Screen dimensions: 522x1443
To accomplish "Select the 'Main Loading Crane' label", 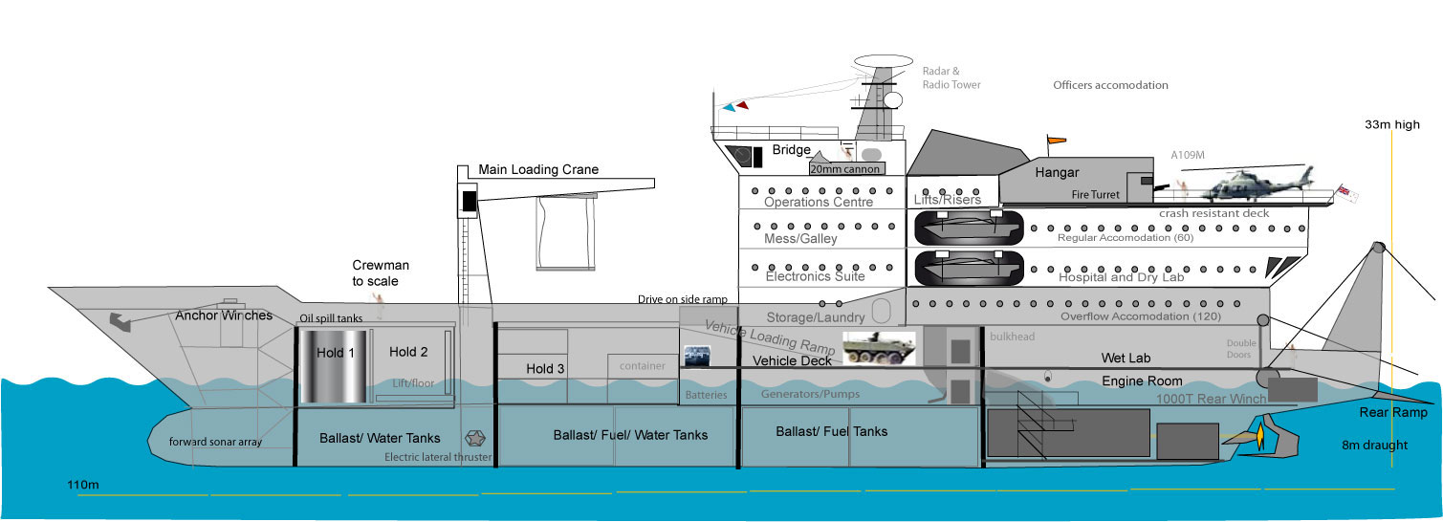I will pyautogui.click(x=538, y=169).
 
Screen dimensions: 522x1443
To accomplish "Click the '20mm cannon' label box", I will pyautogui.click(x=844, y=168).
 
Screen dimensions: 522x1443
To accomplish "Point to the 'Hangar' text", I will pyautogui.click(x=1057, y=172).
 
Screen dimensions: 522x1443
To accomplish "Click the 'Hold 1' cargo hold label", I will pyautogui.click(x=336, y=353).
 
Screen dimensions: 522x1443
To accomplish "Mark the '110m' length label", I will pyautogui.click(x=83, y=485).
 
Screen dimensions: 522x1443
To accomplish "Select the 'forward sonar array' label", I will pyautogui.click(x=215, y=442).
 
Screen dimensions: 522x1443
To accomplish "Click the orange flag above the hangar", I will pyautogui.click(x=1055, y=142).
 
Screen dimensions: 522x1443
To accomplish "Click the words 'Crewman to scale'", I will pyautogui.click(x=375, y=274).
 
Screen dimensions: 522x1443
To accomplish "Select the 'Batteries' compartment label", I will pyautogui.click(x=707, y=395).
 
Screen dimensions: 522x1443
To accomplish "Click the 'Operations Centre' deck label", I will pyautogui.click(x=819, y=202).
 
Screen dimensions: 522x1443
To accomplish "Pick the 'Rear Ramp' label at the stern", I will pyautogui.click(x=1393, y=413).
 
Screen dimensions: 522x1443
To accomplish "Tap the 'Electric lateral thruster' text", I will pyautogui.click(x=438, y=457).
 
